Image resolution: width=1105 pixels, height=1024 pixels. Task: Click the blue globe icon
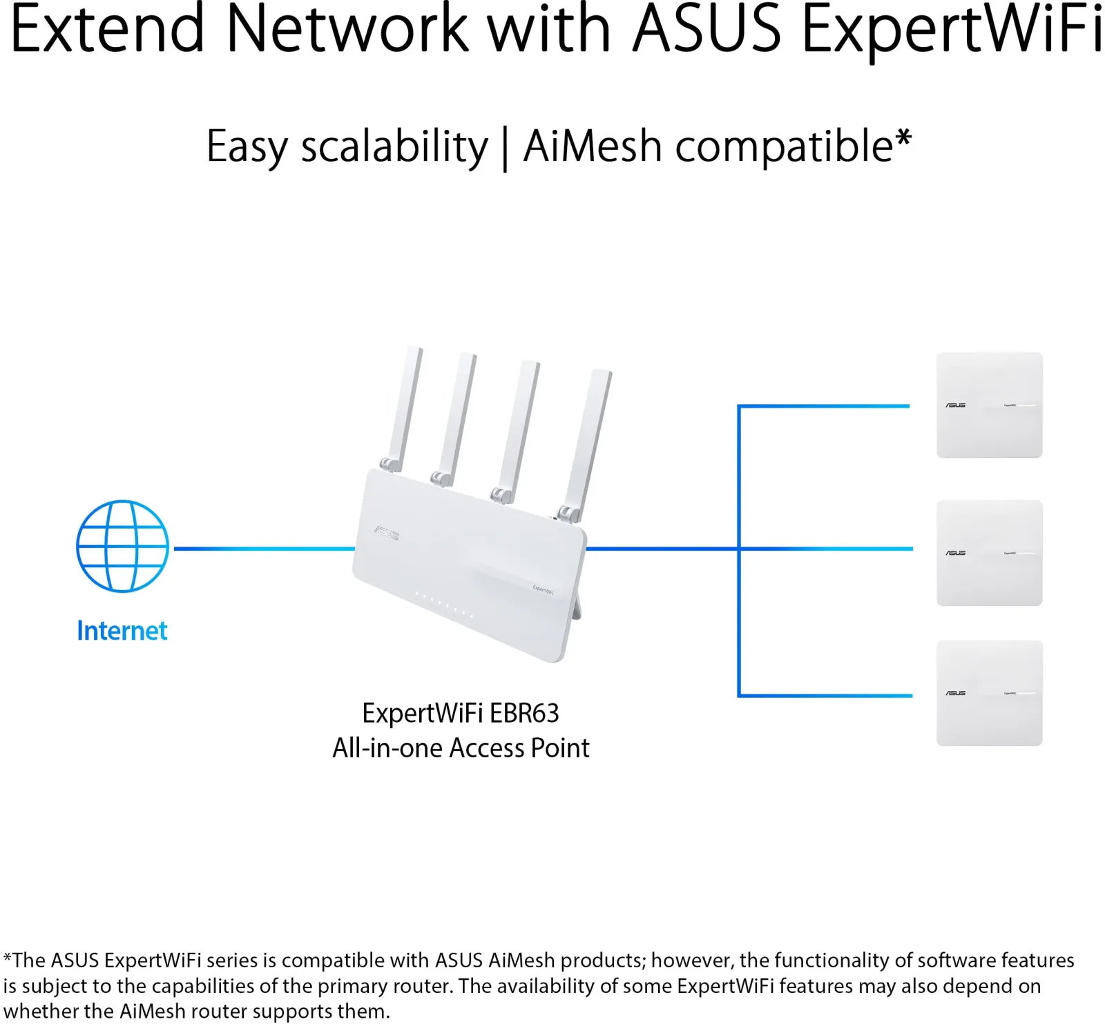click(x=122, y=546)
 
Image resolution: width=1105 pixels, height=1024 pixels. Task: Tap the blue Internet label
click(x=122, y=631)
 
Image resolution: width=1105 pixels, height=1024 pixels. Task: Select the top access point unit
click(x=989, y=405)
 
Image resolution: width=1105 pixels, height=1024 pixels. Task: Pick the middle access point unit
click(x=989, y=553)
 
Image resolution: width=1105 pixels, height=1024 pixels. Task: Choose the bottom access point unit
click(x=989, y=693)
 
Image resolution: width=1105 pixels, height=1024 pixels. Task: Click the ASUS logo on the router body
click(x=387, y=533)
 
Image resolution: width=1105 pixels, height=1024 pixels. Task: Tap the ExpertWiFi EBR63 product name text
click(x=461, y=713)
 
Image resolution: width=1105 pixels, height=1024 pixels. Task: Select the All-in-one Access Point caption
click(x=461, y=748)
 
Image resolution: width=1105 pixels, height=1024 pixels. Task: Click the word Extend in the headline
click(x=108, y=29)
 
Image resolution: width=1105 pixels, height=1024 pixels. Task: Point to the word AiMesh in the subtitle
click(x=593, y=146)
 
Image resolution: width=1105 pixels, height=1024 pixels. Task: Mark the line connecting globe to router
click(x=265, y=549)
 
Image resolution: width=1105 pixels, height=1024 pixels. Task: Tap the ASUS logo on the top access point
click(x=956, y=405)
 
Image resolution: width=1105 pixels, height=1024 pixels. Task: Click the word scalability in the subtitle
click(x=394, y=146)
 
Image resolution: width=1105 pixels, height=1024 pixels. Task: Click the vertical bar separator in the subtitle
click(x=506, y=148)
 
